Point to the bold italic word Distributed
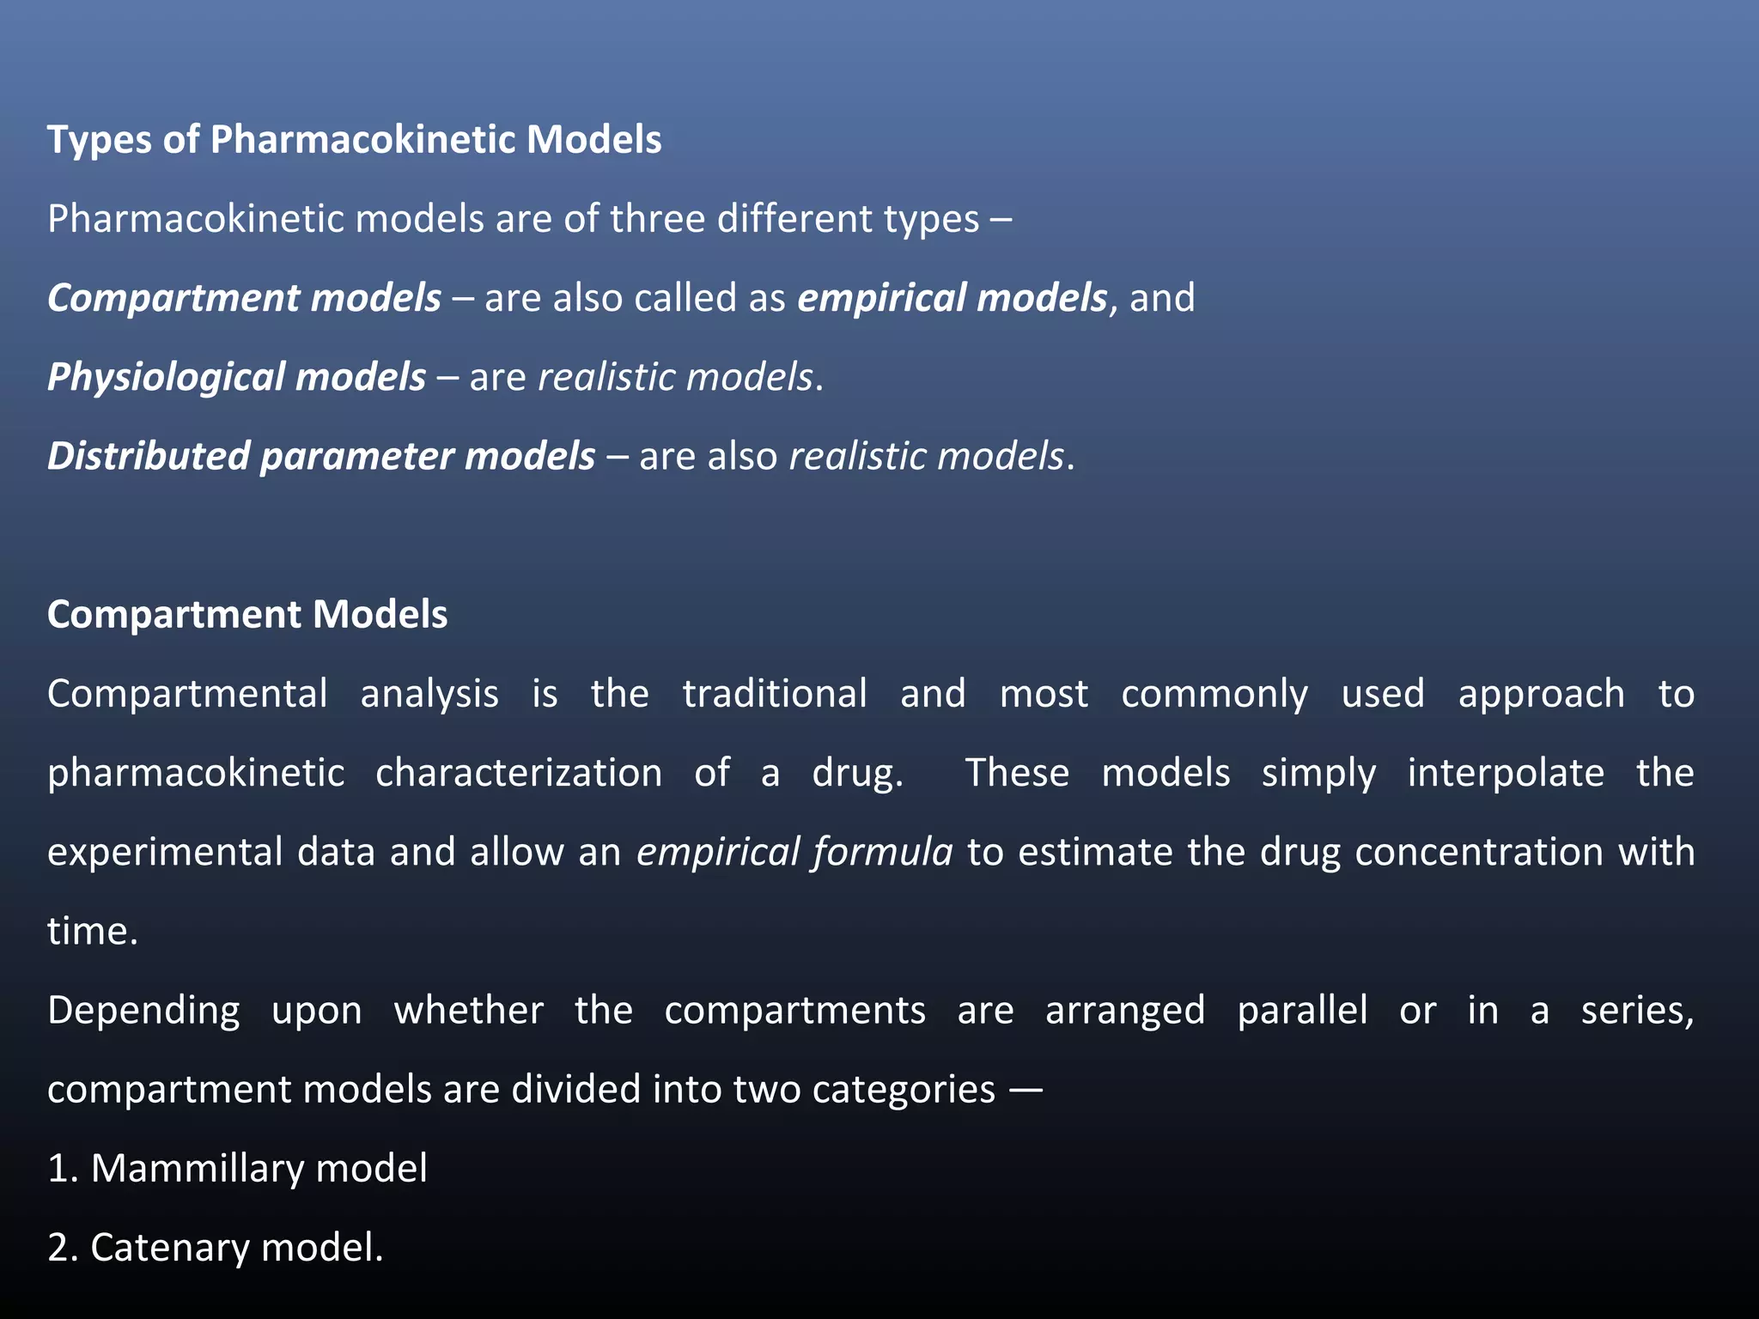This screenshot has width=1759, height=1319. [148, 456]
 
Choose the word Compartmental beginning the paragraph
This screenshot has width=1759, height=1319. [187, 694]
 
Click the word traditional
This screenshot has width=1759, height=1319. [775, 694]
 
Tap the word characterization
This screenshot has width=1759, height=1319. [519, 773]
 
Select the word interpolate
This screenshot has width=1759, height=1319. [1506, 773]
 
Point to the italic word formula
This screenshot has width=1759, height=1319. [883, 852]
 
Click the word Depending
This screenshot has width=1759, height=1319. [143, 1011]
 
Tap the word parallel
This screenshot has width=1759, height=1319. [1302, 1011]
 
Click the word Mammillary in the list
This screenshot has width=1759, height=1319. [197, 1169]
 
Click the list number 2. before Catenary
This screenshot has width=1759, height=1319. [63, 1248]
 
